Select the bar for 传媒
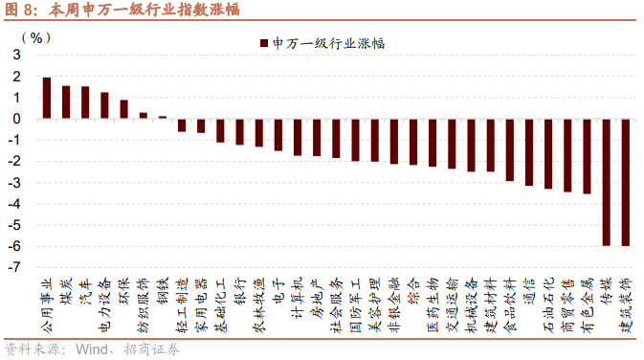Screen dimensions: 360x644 point(606,182)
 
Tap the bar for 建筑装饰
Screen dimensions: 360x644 point(625,183)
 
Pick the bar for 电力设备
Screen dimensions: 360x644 point(104,105)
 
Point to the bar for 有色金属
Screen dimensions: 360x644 point(587,156)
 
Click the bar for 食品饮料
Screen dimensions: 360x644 point(509,149)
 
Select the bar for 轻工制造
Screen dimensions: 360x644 point(182,125)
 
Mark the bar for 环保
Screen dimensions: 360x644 point(123,109)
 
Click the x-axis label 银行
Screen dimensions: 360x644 point(239,288)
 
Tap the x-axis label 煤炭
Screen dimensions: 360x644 point(66,288)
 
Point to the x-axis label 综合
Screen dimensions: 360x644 point(412,288)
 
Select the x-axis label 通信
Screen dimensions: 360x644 point(528,288)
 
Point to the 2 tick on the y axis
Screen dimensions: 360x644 point(18,77)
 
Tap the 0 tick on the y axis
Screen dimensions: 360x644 point(18,119)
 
